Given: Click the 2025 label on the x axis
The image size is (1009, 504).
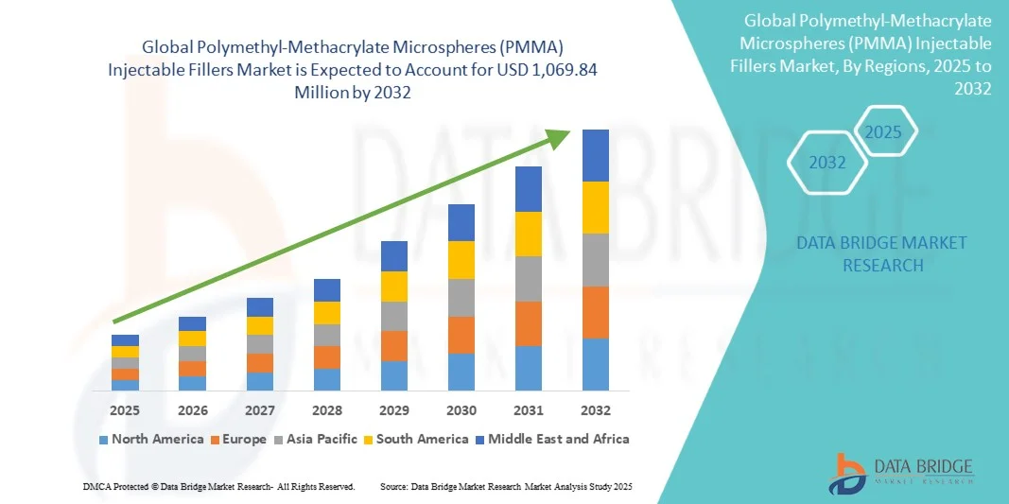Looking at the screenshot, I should coord(125,410).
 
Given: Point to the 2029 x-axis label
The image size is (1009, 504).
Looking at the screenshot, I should coord(394,410).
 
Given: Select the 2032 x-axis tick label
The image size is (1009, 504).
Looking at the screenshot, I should coord(596,410).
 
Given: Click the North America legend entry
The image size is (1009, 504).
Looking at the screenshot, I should coord(150,439).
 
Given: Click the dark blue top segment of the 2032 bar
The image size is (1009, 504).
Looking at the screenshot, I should coord(596,155).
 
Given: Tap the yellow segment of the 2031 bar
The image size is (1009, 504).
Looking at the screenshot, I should coord(529,234).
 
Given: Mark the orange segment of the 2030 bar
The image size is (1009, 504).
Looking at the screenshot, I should coord(461,335).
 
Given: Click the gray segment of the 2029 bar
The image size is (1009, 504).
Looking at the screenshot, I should coord(394,316).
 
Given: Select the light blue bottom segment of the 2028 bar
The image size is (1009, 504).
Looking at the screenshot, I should coord(327,379).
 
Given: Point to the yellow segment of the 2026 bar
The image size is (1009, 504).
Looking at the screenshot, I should coord(192,339).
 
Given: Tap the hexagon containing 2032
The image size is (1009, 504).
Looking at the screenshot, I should coord(827,163).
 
